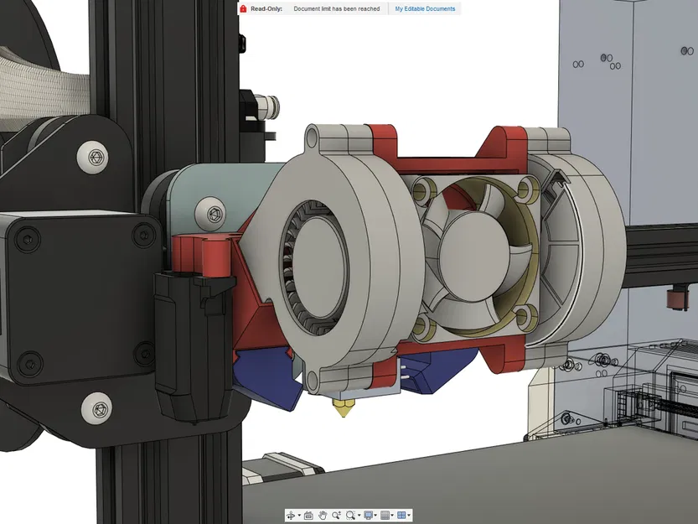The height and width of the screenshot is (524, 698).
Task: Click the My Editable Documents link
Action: pyautogui.click(x=425, y=8)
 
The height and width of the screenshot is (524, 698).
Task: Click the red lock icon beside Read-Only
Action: pyautogui.click(x=243, y=8)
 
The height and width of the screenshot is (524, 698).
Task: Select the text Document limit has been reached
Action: pyautogui.click(x=336, y=8)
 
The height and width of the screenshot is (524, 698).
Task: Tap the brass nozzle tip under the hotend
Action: pyautogui.click(x=344, y=412)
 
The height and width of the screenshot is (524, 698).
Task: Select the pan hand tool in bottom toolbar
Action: pyautogui.click(x=323, y=516)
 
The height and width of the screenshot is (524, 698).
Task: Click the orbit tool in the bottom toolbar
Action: pyautogui.click(x=291, y=516)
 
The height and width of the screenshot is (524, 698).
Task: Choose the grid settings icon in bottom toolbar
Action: pyautogui.click(x=385, y=516)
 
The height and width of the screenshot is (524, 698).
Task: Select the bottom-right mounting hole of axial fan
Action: pyautogui.click(x=525, y=316)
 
